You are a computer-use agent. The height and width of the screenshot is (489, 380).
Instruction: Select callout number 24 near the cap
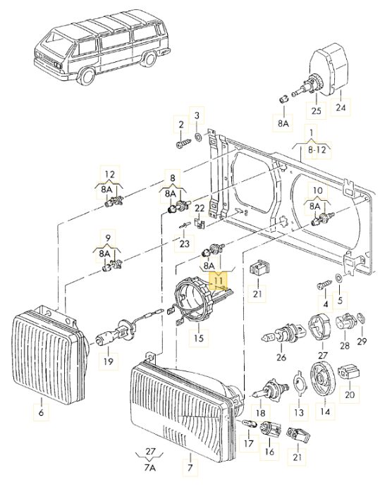pyautogui.click(x=341, y=108)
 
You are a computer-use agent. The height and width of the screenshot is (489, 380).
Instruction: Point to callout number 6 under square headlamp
pyautogui.click(x=41, y=413)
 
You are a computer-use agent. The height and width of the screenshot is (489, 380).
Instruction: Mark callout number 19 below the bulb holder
pyautogui.click(x=108, y=362)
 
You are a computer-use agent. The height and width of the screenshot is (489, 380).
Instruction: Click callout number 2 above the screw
pyautogui.click(x=181, y=125)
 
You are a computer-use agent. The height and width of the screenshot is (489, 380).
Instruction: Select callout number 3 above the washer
pyautogui.click(x=197, y=115)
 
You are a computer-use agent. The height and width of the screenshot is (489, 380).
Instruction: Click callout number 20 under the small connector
pyautogui.click(x=350, y=395)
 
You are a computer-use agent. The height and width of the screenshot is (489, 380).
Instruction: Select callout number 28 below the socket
pyautogui.click(x=345, y=346)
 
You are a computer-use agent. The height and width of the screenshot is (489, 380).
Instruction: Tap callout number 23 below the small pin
pyautogui.click(x=185, y=244)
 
